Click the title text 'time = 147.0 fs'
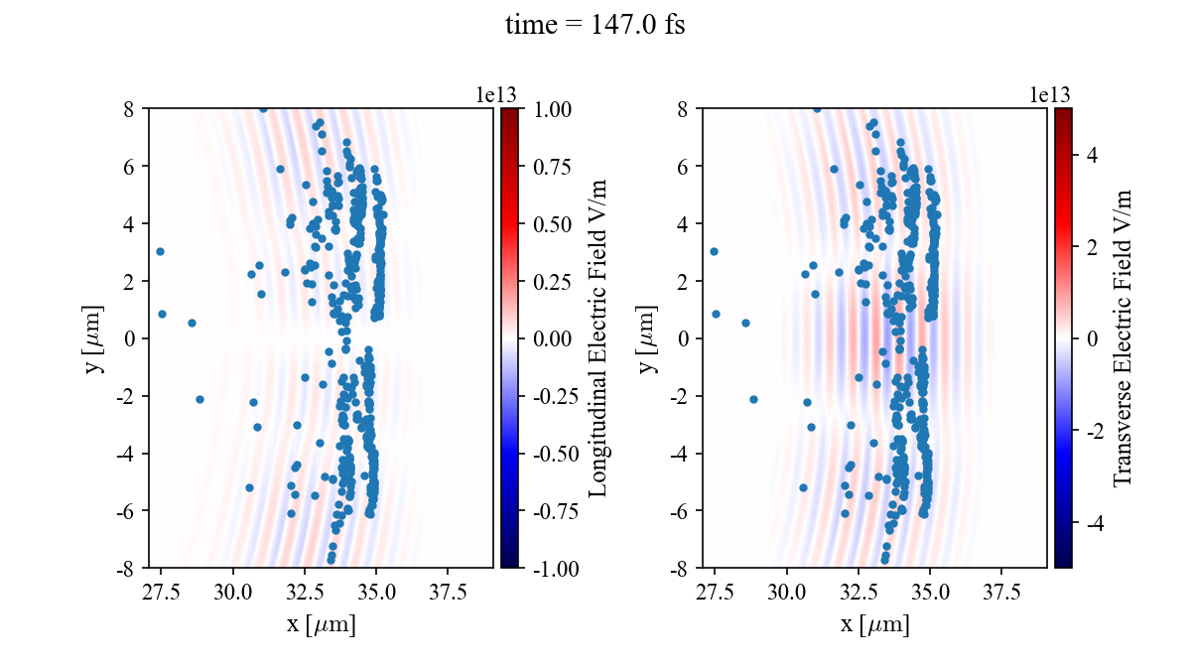[595, 26]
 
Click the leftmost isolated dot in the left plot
[160, 251]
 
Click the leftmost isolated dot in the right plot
[714, 251]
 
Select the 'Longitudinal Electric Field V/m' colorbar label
[598, 337]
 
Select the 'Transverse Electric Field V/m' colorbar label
[1123, 337]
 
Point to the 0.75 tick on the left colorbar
[552, 166]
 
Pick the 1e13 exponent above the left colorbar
[496, 94]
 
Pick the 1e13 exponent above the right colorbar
[1050, 94]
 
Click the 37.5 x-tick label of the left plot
[448, 593]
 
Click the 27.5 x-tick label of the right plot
[715, 593]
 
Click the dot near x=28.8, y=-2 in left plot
[199, 399]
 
